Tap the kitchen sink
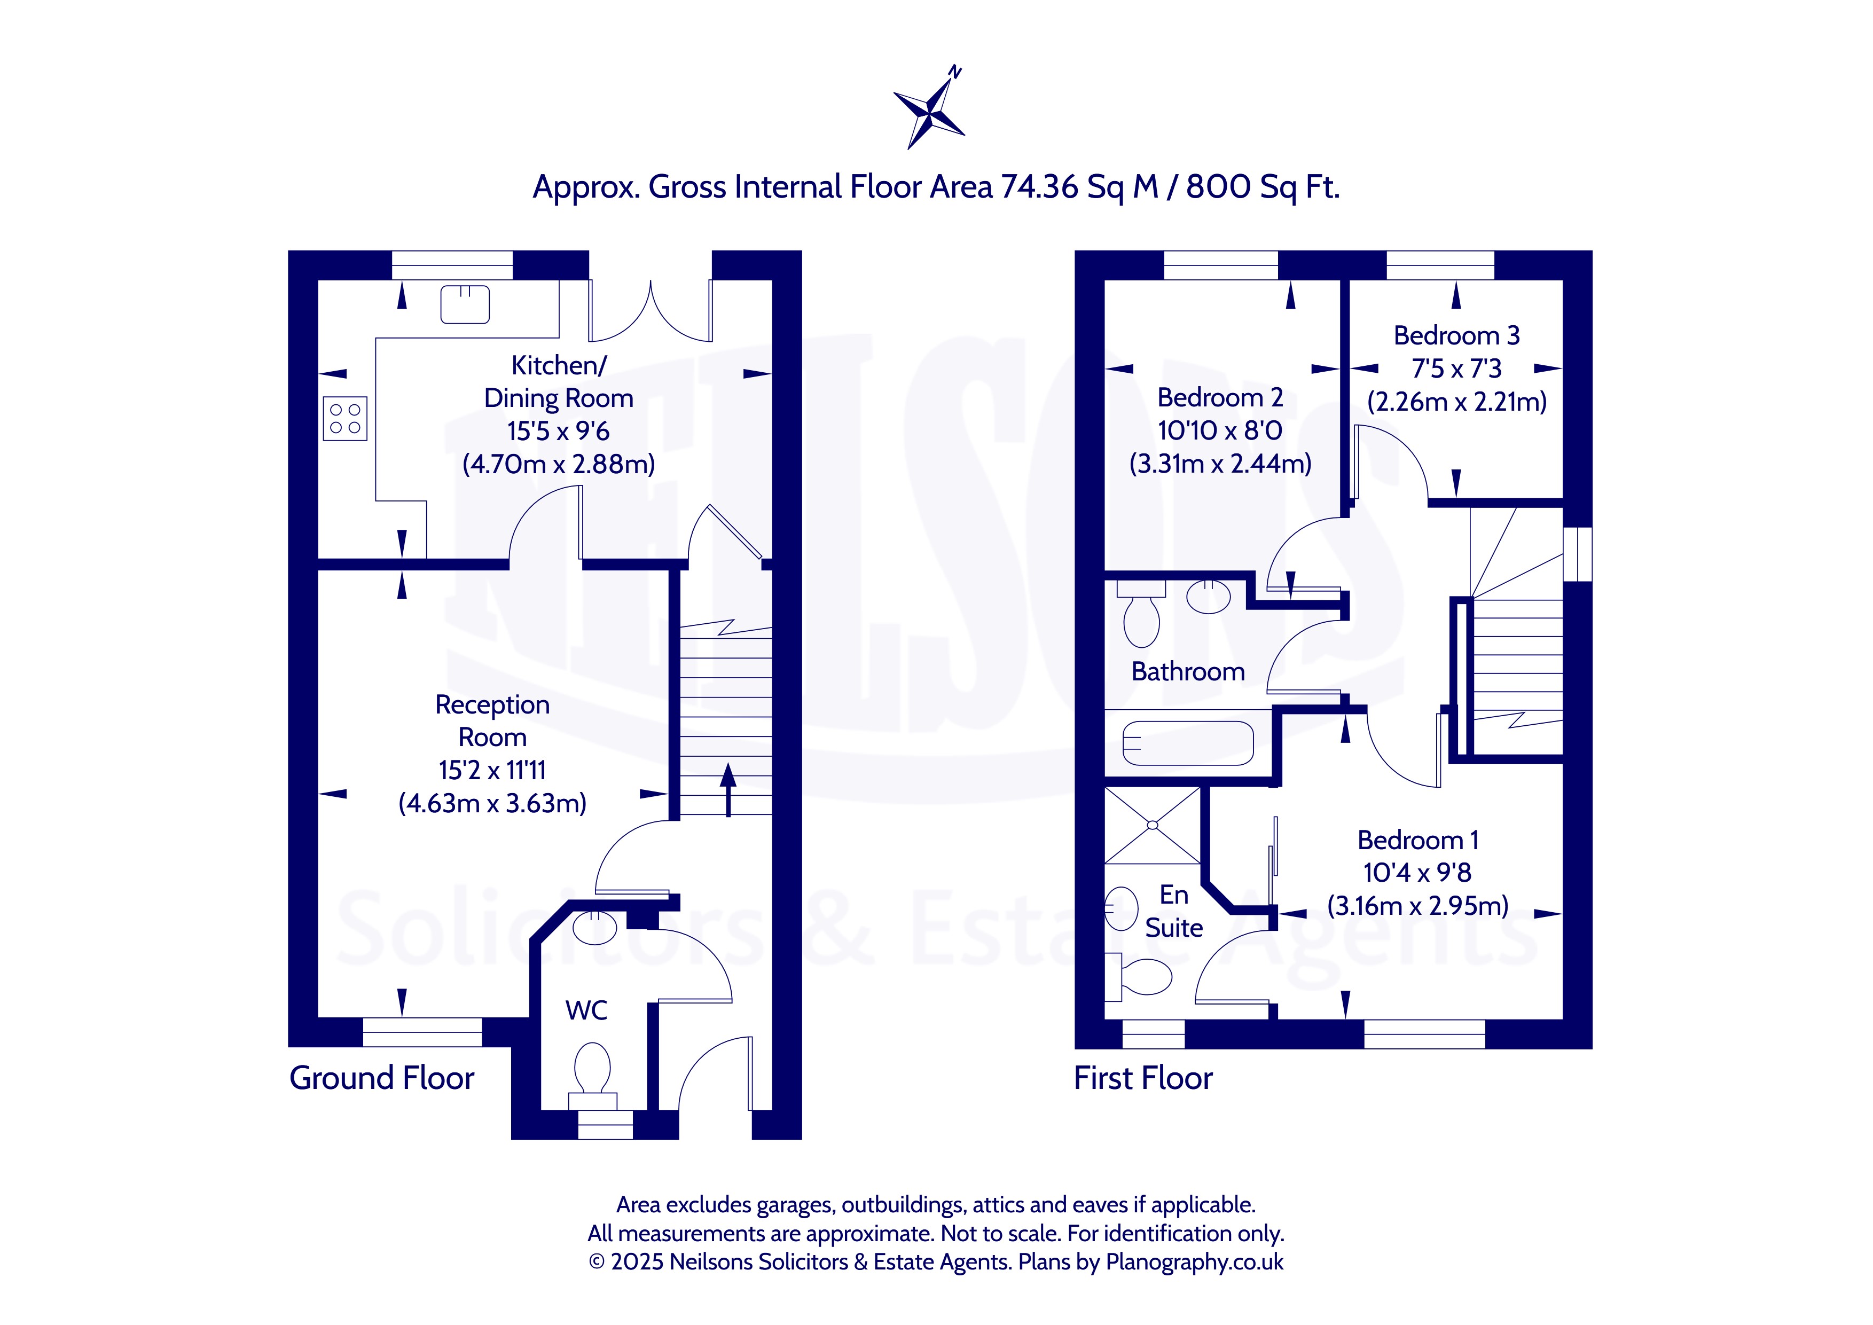[465, 304]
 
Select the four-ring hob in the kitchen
[345, 419]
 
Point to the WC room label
[586, 1010]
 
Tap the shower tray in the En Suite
[1153, 825]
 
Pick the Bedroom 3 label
[1457, 335]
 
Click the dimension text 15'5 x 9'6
[558, 431]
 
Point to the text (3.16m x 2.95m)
[1418, 906]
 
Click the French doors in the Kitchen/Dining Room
[650, 312]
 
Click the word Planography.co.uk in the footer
[1194, 1262]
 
